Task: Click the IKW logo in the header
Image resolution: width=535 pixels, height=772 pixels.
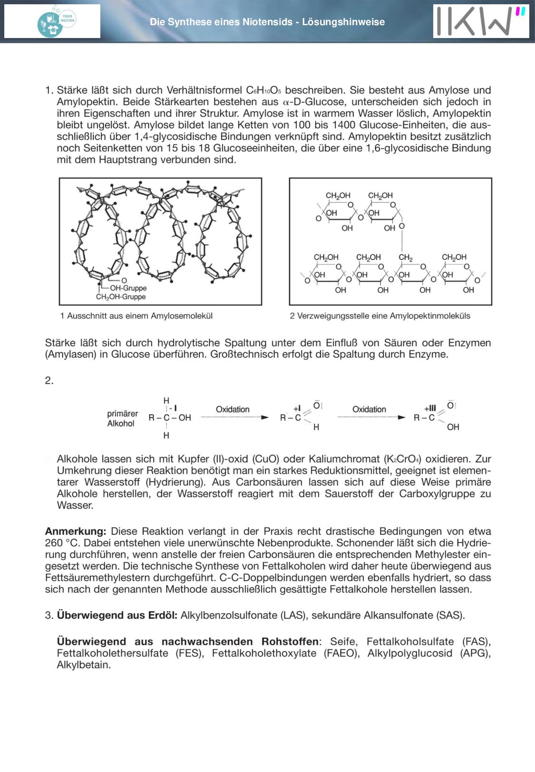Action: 480,21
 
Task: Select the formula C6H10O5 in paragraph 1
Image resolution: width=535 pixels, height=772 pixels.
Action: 263,90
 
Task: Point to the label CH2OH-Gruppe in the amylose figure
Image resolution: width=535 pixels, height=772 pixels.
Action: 121,297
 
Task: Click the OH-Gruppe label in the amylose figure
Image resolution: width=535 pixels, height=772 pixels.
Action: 128,288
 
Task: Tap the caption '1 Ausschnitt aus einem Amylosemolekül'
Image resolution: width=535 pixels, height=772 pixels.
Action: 136,316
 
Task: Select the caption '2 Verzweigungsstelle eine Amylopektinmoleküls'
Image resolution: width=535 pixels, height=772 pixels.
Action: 380,316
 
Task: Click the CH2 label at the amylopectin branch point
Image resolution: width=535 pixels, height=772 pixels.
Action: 406,257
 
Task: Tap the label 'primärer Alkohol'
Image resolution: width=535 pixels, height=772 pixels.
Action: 122,419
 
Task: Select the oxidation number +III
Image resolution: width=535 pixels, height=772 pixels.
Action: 430,408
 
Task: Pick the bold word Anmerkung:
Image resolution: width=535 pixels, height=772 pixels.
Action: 76,532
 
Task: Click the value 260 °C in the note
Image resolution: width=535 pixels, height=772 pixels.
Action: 61,543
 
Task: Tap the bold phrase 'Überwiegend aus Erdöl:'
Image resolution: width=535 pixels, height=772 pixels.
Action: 117,616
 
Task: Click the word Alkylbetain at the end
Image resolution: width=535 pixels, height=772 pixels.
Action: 84,665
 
